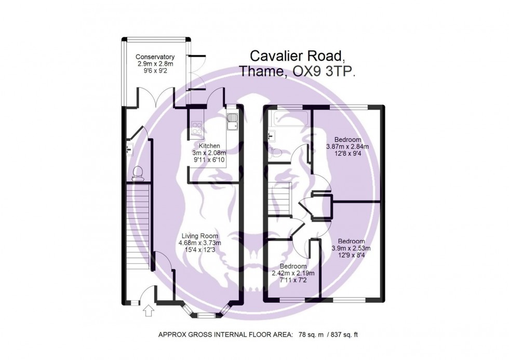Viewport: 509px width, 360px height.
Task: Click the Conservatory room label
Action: click(155, 57)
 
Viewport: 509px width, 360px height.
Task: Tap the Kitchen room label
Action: click(209, 146)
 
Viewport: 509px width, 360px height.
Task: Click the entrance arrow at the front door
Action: click(148, 311)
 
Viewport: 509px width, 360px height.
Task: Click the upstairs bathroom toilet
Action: click(278, 153)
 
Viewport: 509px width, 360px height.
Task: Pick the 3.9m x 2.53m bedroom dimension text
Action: click(351, 248)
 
